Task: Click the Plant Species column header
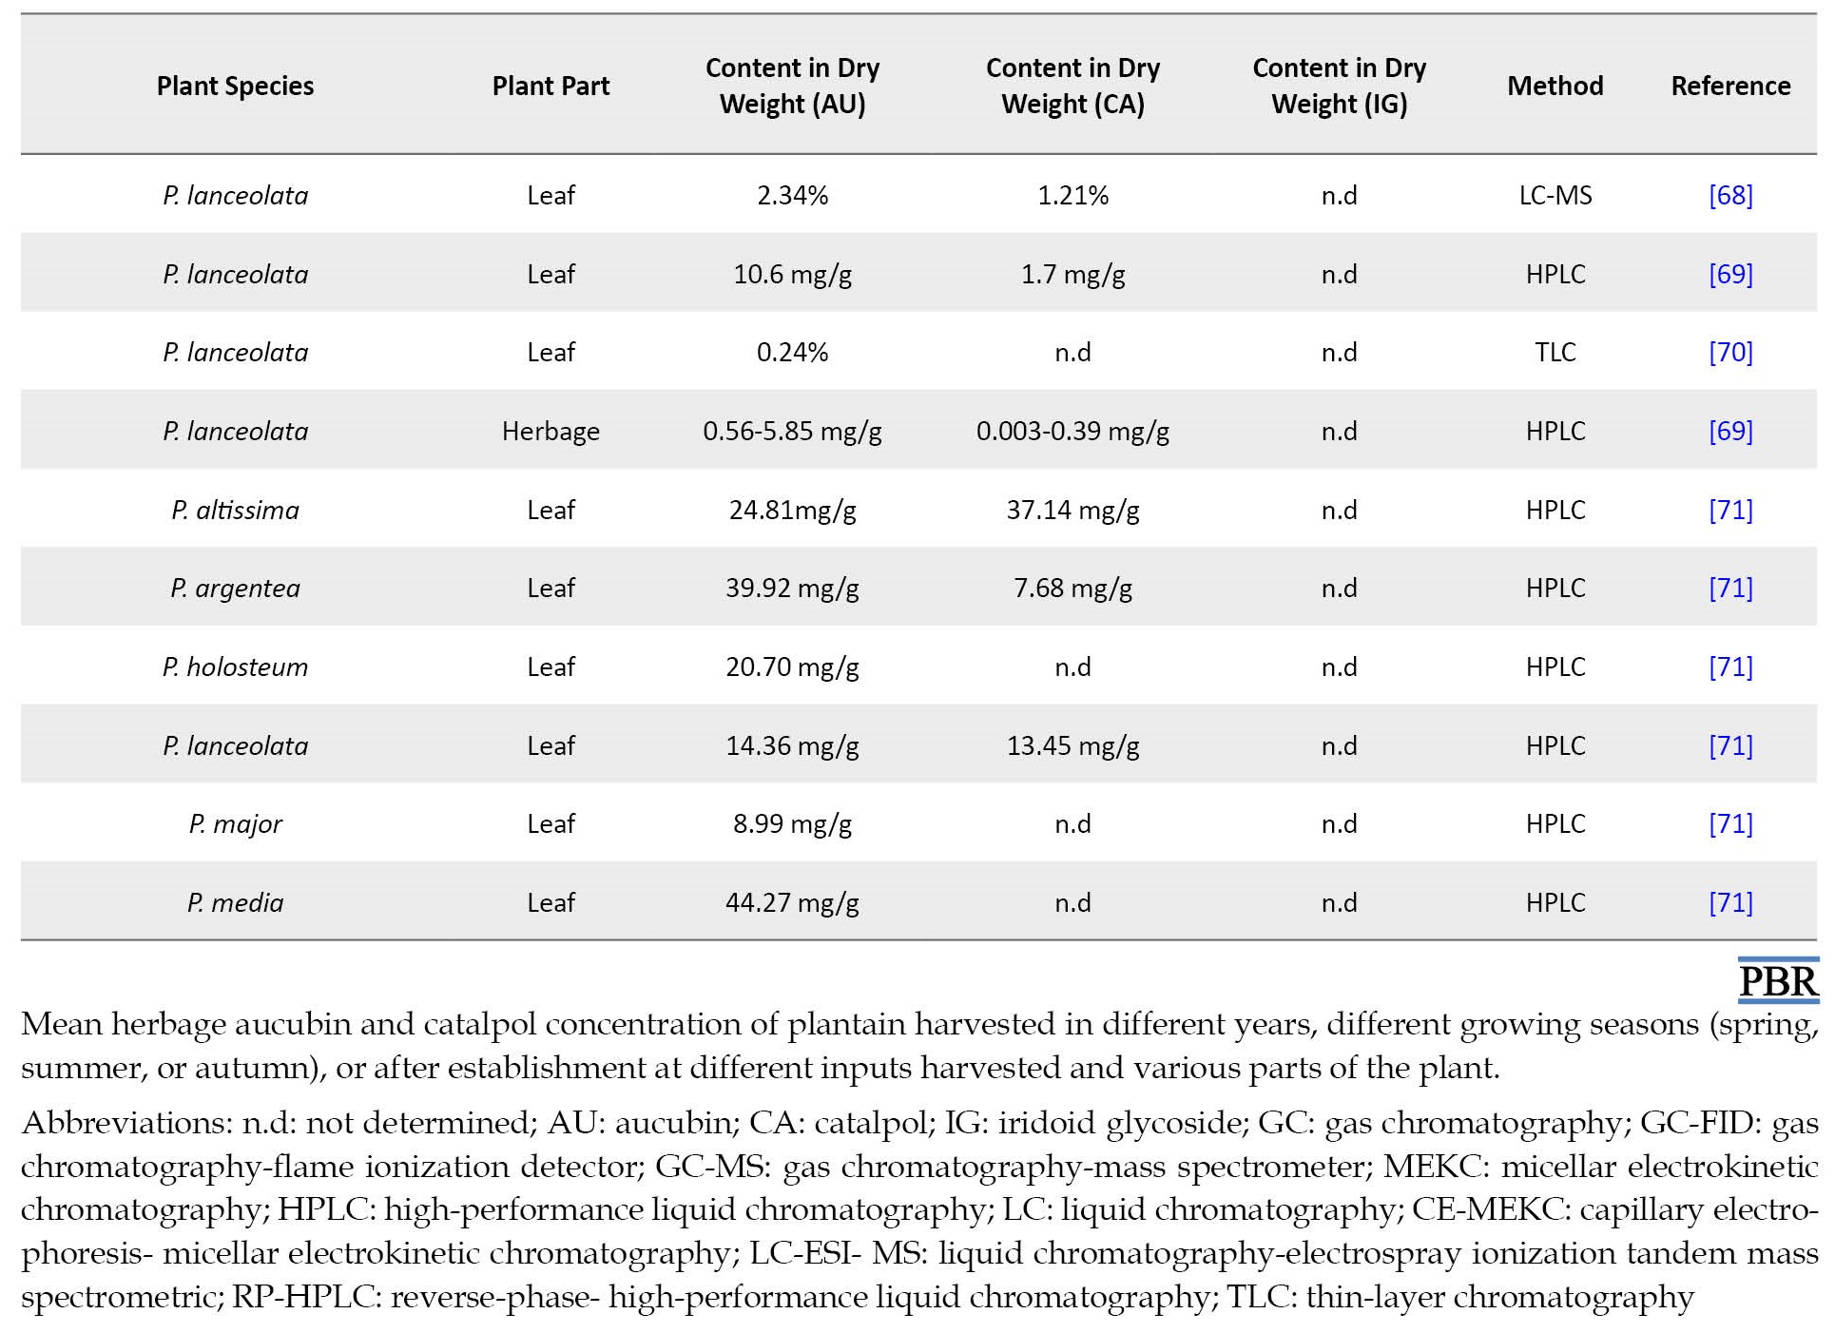pyautogui.click(x=235, y=86)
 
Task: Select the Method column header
pyautogui.click(x=1555, y=86)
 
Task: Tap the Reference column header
pyautogui.click(x=1730, y=86)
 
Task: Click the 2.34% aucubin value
pyautogui.click(x=792, y=195)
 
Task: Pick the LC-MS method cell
pyautogui.click(x=1555, y=195)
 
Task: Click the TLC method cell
pyautogui.click(x=1555, y=352)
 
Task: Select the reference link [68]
pyautogui.click(x=1730, y=195)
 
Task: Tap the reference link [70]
pyautogui.click(x=1730, y=352)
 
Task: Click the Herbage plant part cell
pyautogui.click(x=550, y=431)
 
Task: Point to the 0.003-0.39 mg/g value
pyautogui.click(x=1072, y=432)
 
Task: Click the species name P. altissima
pyautogui.click(x=235, y=511)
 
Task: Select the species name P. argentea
pyautogui.click(x=235, y=589)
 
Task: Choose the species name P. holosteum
pyautogui.click(x=235, y=666)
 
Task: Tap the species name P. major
pyautogui.click(x=235, y=823)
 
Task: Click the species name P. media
pyautogui.click(x=235, y=902)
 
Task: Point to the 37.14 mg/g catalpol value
pyautogui.click(x=1072, y=511)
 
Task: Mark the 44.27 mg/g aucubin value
pyautogui.click(x=792, y=903)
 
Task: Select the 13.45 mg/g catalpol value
pyautogui.click(x=1072, y=746)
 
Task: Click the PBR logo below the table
pyautogui.click(x=1778, y=981)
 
